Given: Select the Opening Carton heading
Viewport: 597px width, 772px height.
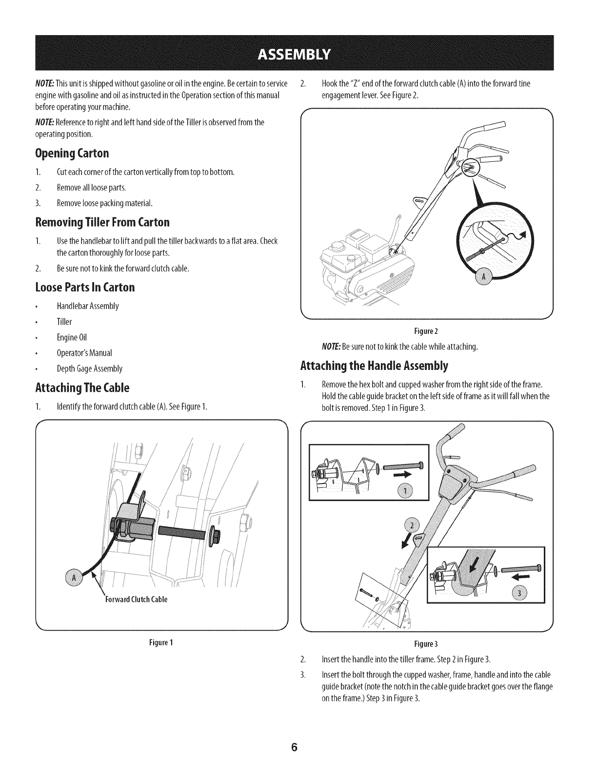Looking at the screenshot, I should pos(72,154).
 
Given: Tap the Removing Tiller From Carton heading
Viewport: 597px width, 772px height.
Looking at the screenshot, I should pos(102,223).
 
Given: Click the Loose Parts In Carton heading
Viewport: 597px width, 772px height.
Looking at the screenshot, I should pos(85,287).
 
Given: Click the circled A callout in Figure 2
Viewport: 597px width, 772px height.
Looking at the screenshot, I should pos(484,278).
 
